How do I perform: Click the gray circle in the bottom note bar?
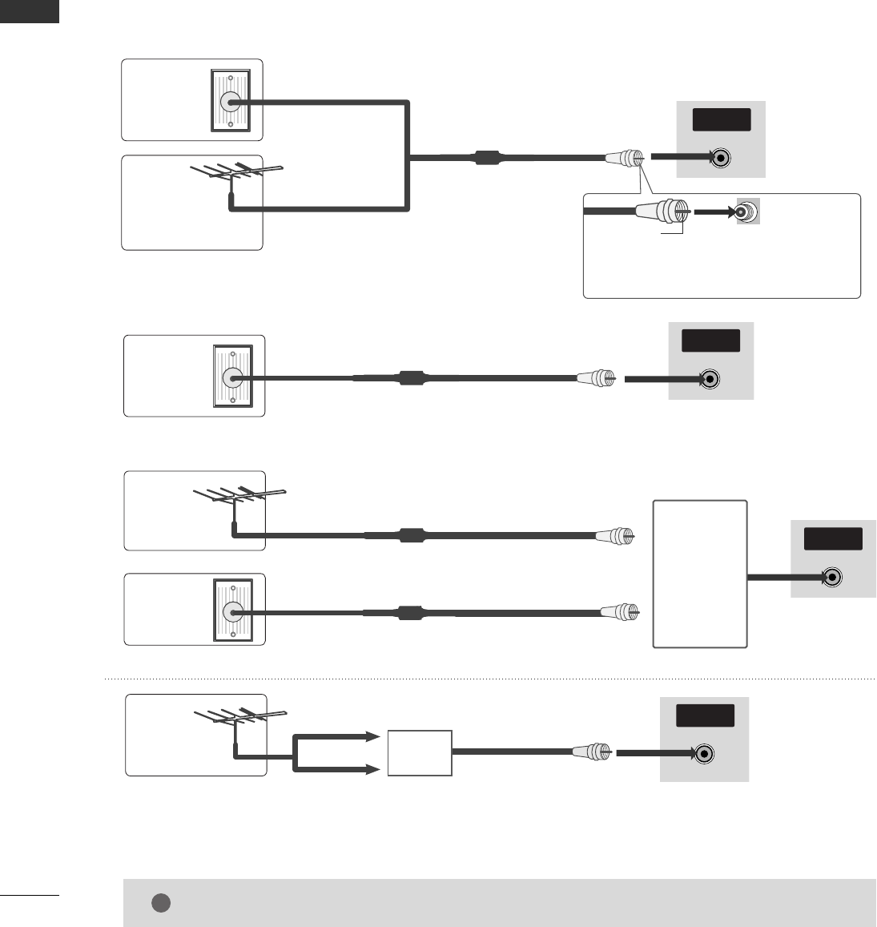[160, 903]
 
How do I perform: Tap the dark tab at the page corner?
[30, 11]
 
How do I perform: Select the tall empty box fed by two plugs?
[701, 574]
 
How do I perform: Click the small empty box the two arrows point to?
[420, 753]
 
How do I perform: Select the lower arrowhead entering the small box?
[372, 770]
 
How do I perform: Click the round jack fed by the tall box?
[833, 577]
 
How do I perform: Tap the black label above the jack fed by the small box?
[706, 715]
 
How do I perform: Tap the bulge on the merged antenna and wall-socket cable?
[487, 158]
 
